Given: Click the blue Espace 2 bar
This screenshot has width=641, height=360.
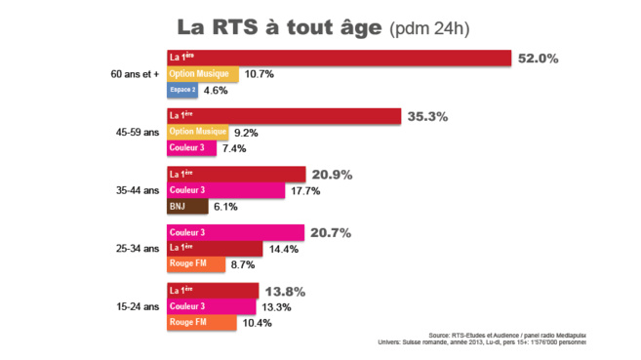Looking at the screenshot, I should click(x=182, y=90).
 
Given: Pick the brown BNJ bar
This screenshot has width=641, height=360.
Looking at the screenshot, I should click(x=187, y=206).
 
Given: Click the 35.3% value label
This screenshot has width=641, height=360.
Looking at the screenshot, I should click(x=427, y=117).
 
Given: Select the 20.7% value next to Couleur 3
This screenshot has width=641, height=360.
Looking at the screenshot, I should click(x=330, y=233).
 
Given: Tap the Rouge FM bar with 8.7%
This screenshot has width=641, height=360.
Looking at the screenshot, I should click(x=196, y=264).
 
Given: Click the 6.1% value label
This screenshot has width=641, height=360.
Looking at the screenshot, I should click(x=224, y=206).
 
